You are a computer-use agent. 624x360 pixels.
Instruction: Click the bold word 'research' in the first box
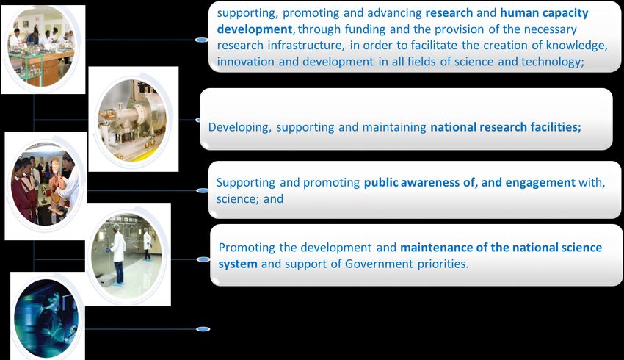[x=449, y=12]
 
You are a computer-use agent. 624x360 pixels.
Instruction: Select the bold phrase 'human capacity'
[x=544, y=13]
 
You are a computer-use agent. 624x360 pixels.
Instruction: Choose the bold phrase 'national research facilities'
[x=505, y=127]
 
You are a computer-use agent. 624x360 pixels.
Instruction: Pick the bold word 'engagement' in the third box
[x=540, y=183]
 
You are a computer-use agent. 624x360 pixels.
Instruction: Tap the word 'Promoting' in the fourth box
[x=247, y=248]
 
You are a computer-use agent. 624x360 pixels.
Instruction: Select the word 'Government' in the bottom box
[x=379, y=264]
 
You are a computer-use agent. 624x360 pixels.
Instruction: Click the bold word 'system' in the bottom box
[x=238, y=264]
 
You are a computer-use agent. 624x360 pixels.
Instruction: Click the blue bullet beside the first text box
[x=202, y=40]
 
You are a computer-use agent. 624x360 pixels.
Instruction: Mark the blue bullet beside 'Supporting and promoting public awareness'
[x=203, y=191]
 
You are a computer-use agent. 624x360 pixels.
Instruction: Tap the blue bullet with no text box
[x=203, y=329]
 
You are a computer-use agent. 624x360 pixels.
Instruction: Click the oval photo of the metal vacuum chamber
[x=133, y=120]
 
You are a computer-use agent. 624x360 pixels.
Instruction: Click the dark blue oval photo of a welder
[x=46, y=318]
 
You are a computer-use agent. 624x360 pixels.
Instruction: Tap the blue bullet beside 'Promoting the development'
[x=203, y=259]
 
